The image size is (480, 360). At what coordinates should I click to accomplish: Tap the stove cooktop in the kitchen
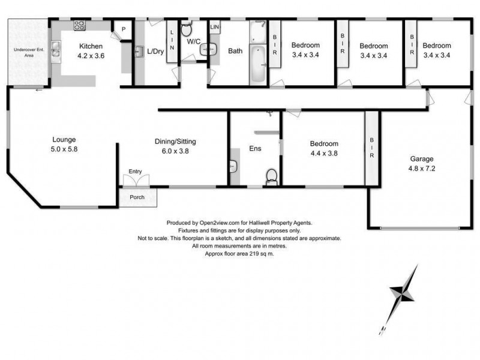[79, 25]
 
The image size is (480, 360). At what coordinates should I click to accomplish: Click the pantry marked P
[123, 29]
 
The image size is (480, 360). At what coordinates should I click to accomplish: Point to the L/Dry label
[155, 52]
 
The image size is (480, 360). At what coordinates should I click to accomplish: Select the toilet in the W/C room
[186, 29]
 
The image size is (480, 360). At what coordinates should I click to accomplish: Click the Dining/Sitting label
[175, 142]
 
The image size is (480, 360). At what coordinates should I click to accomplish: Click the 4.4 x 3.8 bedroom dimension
[324, 153]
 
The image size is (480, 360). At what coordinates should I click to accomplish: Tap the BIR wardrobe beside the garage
[371, 148]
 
